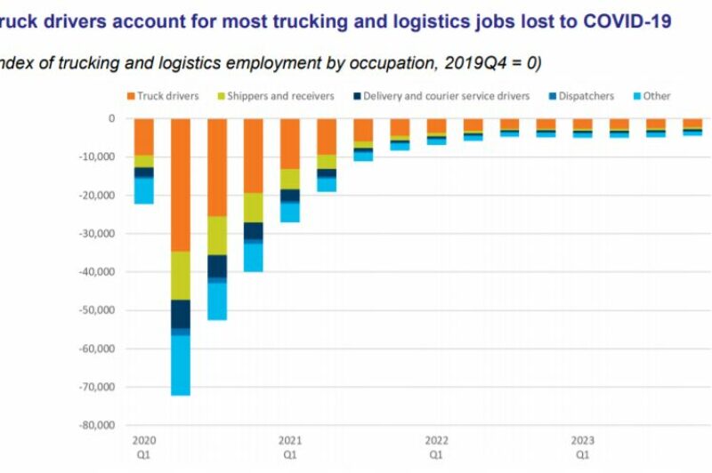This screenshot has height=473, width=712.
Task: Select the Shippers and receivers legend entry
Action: point(274,96)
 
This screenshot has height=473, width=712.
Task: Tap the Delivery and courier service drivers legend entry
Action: point(441,96)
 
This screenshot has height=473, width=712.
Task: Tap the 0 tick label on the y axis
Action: point(111,118)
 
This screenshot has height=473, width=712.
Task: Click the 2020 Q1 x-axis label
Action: point(143,446)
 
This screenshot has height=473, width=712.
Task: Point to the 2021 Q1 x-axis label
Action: point(290,446)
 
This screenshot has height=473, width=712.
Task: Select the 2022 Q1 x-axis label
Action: point(436,446)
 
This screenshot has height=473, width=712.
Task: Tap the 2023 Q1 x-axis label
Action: point(582,446)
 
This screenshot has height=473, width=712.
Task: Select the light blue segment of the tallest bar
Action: point(181,365)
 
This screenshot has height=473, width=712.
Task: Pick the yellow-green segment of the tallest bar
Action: point(181,276)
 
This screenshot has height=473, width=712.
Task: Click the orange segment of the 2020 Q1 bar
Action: point(143,136)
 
